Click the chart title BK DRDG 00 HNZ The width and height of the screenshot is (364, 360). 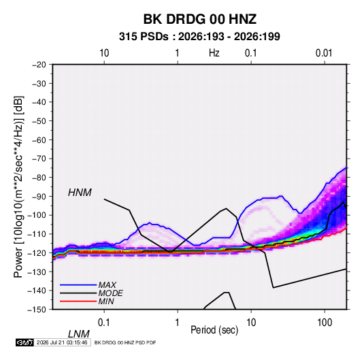[x=200, y=19]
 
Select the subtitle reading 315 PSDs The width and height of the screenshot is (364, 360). [x=144, y=37]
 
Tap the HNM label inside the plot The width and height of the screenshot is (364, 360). [x=80, y=193]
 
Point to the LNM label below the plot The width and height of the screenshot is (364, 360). [x=79, y=334]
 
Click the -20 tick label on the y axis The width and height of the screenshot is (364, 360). [x=39, y=65]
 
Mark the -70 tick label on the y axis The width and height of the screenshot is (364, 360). [x=39, y=159]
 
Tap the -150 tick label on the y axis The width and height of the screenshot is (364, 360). [x=37, y=310]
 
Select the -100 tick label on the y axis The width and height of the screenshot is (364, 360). [x=37, y=215]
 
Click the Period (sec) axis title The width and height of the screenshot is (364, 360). [x=214, y=330]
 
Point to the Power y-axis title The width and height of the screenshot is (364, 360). [x=18, y=187]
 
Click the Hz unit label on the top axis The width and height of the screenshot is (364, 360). [x=214, y=53]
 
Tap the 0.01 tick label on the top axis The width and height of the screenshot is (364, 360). [x=324, y=53]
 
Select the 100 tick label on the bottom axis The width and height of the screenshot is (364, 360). [x=325, y=323]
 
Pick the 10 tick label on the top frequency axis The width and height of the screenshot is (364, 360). [x=104, y=53]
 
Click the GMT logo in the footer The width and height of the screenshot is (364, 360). [x=24, y=342]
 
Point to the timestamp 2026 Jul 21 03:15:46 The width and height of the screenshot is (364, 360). [x=62, y=342]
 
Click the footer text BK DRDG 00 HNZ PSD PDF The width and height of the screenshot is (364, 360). [x=125, y=342]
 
